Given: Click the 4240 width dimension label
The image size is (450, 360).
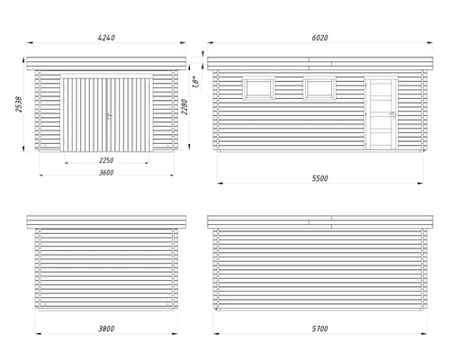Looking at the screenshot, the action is click(x=106, y=38).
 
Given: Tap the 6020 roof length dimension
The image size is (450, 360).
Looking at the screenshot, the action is click(x=319, y=38).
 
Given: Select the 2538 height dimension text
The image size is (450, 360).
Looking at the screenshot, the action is click(x=19, y=104).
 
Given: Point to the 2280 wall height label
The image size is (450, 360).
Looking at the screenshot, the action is click(x=184, y=107).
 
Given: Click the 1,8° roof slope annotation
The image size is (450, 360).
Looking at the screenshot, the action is click(x=195, y=82).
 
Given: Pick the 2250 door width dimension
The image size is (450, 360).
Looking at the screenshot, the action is click(x=106, y=160).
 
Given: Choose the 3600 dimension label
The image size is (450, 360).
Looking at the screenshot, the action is click(x=106, y=173).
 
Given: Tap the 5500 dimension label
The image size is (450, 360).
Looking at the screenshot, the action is click(x=319, y=178).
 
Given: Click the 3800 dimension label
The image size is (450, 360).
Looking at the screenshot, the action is click(x=106, y=328).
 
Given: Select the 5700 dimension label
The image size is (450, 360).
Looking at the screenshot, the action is click(x=319, y=328).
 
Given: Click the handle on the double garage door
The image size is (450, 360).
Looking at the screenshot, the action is click(x=109, y=116).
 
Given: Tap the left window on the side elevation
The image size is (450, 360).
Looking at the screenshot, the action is click(x=258, y=88).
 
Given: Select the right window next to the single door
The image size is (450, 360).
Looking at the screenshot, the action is click(x=319, y=88).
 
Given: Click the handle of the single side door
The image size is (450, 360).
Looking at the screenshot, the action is click(x=391, y=114).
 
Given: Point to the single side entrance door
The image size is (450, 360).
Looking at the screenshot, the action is click(x=381, y=113).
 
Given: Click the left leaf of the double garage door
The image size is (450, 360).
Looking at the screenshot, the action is click(x=85, y=114).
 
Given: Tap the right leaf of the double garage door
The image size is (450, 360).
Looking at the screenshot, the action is click(x=129, y=114).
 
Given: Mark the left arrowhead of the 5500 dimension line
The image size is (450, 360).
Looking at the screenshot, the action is click(x=220, y=183).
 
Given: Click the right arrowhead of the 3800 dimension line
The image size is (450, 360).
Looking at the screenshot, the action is click(x=175, y=333).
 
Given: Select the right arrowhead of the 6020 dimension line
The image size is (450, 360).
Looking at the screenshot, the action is click(x=430, y=42).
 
